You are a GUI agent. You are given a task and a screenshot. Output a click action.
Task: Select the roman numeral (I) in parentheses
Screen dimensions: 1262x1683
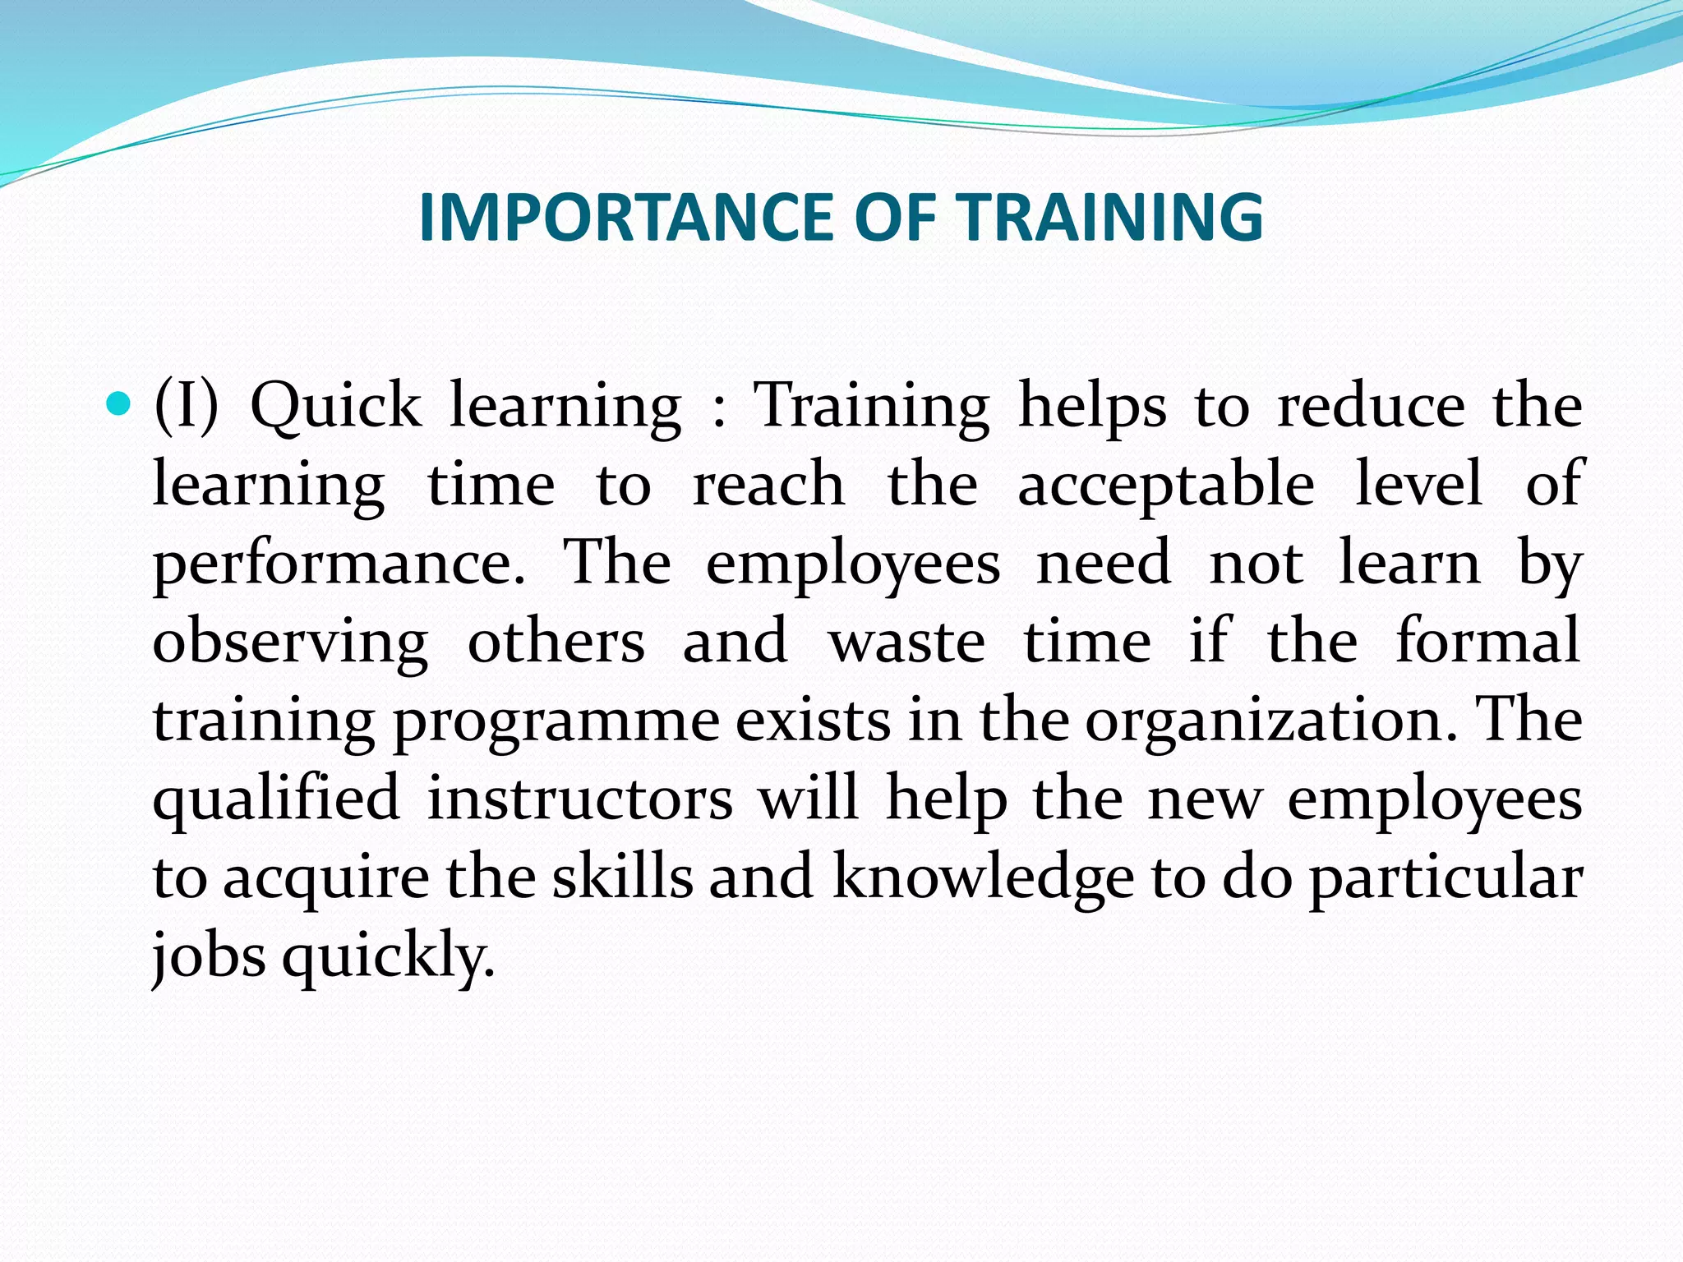point(187,406)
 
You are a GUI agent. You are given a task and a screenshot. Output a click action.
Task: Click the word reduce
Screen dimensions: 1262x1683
point(1371,406)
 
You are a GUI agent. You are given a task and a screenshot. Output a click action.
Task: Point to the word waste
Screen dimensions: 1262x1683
point(907,643)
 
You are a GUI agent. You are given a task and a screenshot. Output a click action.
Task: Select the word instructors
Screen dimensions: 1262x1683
point(580,799)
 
